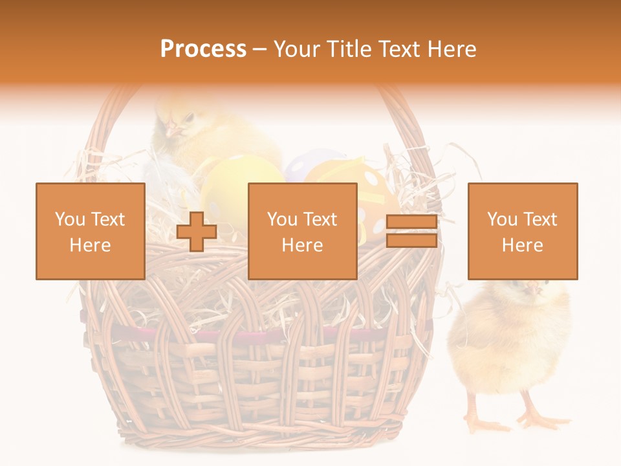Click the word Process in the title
point(203,49)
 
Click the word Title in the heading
point(348,49)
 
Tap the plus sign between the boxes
point(197,232)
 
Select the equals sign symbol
point(411,232)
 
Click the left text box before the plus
point(91,231)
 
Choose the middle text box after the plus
point(302,231)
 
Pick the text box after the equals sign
point(523,231)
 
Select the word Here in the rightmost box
point(522,245)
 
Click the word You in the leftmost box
point(69,219)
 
